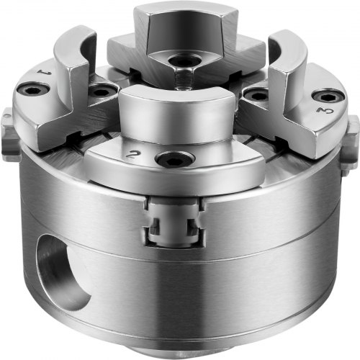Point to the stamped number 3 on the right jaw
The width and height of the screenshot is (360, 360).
pyautogui.click(x=325, y=111)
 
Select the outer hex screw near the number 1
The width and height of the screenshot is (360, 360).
pyautogui.click(x=34, y=90)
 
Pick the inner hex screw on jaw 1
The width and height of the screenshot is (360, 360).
pyautogui.click(x=102, y=92)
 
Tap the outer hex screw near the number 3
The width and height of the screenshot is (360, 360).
pyautogui.click(x=327, y=97)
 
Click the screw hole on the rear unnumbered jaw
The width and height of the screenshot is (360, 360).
pyautogui.click(x=184, y=62)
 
